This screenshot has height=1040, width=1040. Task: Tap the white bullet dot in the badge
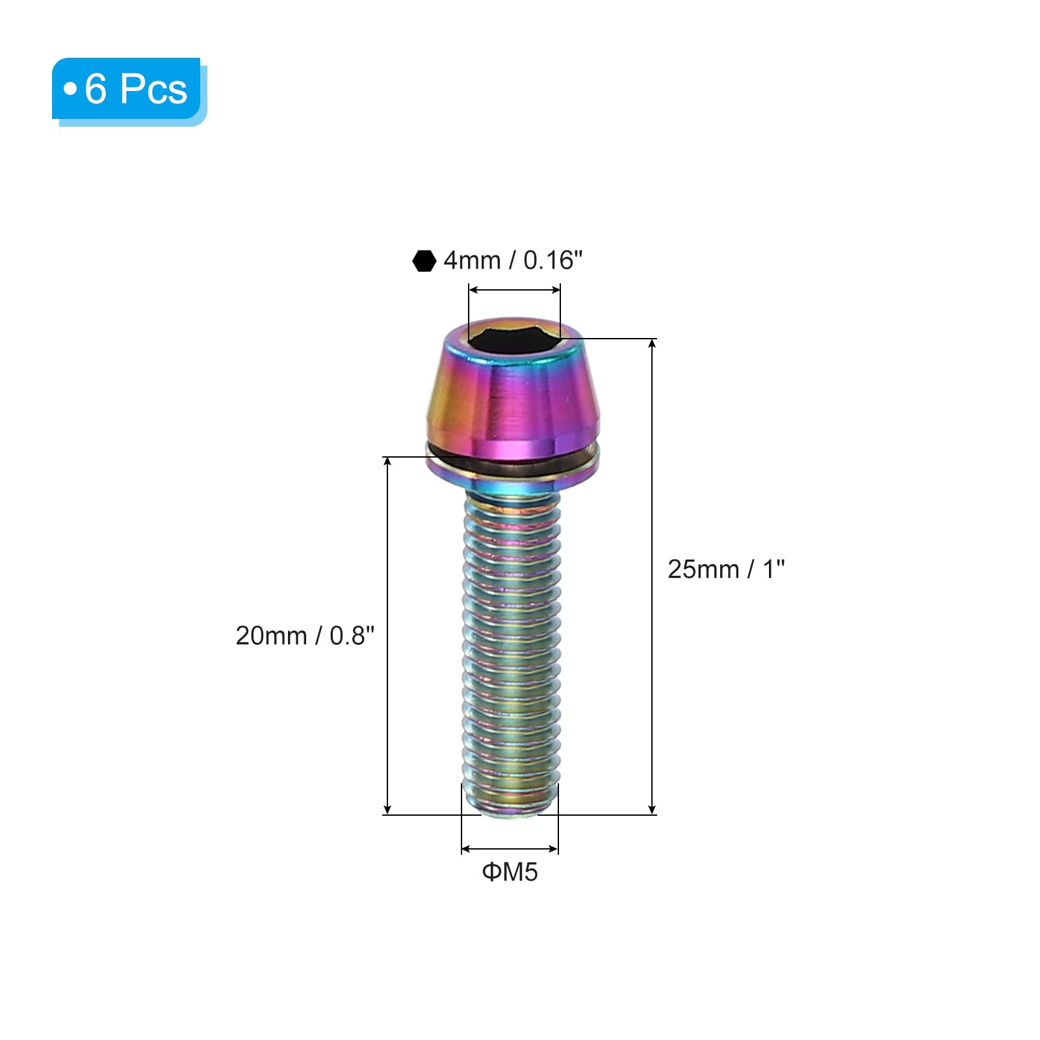click(x=70, y=88)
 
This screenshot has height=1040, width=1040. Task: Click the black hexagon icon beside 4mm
click(x=424, y=261)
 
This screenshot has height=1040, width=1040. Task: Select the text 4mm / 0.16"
click(x=513, y=260)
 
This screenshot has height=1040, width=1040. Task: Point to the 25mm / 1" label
click(x=726, y=569)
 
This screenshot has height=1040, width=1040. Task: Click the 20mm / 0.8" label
click(x=305, y=635)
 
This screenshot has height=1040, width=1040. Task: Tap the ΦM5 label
click(x=510, y=872)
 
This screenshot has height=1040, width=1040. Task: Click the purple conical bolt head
click(x=513, y=390)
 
